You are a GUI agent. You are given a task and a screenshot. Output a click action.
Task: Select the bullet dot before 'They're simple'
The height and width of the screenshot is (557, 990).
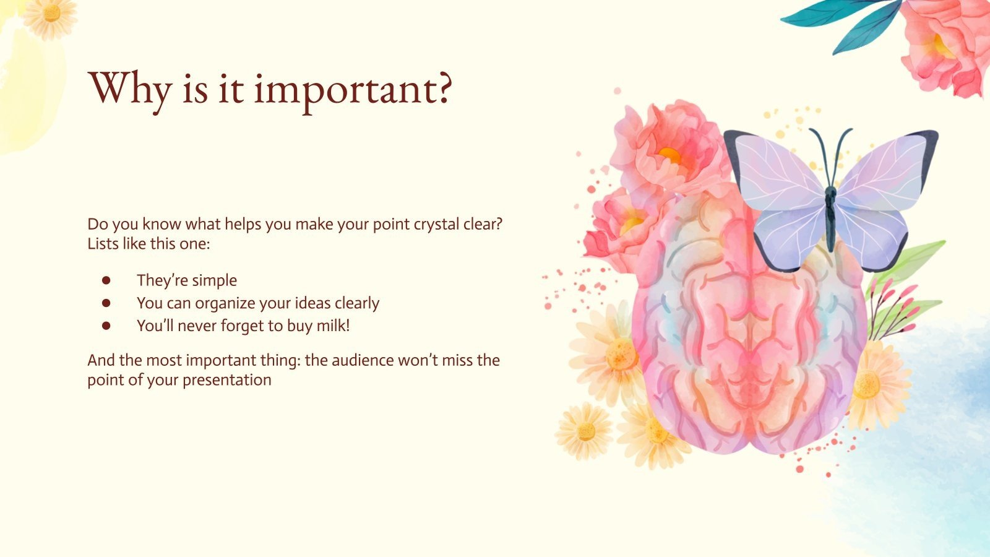tap(106, 280)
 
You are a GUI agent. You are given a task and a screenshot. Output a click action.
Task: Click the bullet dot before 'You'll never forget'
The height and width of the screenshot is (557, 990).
tap(106, 326)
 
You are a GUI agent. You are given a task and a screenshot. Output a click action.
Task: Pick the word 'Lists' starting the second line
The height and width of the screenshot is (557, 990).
tap(103, 244)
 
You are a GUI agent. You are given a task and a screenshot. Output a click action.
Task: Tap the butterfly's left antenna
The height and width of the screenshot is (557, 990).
tap(818, 149)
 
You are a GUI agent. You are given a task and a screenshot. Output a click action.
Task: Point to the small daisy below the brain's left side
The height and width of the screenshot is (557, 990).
tap(584, 431)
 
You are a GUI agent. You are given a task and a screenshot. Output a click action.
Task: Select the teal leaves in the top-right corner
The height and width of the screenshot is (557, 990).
tap(848, 22)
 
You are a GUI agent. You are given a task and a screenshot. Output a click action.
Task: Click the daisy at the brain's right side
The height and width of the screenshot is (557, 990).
tap(872, 384)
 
